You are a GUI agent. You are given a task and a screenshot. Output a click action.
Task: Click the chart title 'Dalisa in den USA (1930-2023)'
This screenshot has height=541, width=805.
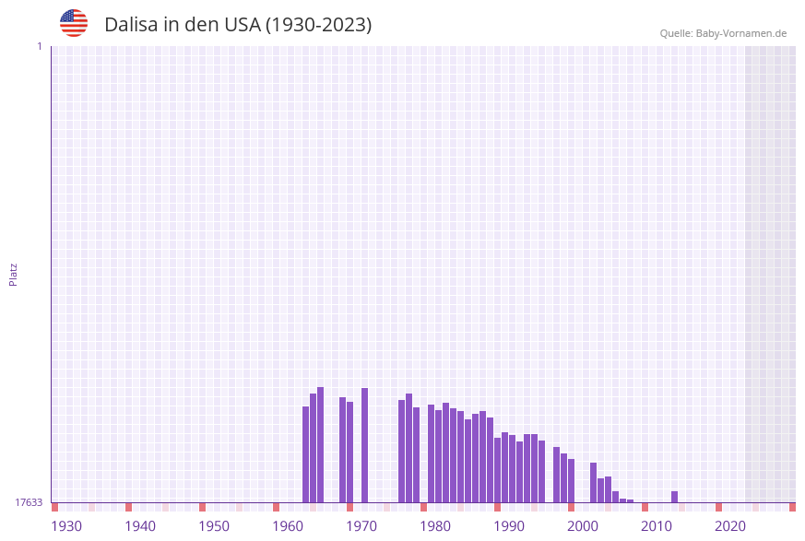click(238, 25)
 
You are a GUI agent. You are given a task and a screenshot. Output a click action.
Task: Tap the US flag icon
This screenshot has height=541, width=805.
click(74, 23)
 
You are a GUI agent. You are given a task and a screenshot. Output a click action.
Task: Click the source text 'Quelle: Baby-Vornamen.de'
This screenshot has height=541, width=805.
click(723, 33)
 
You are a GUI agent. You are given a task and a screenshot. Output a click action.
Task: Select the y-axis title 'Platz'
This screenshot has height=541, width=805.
click(14, 274)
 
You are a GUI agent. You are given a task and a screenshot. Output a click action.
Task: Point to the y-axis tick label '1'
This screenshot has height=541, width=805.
click(39, 46)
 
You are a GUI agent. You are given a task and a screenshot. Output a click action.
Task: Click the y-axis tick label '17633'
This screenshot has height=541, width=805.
click(29, 502)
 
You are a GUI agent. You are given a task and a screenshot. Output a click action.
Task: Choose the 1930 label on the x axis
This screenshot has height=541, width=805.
click(66, 526)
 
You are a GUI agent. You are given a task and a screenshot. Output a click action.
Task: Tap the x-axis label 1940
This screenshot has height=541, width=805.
click(140, 526)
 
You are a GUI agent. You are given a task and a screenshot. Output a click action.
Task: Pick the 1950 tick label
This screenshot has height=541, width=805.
click(214, 526)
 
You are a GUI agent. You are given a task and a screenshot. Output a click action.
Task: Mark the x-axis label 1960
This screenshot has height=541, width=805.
click(288, 526)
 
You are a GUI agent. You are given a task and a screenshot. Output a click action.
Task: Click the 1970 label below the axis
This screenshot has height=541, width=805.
click(361, 526)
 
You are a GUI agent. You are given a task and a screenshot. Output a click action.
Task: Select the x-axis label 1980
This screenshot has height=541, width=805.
click(435, 526)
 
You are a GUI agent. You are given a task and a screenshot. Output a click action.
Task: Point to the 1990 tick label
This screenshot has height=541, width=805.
click(509, 526)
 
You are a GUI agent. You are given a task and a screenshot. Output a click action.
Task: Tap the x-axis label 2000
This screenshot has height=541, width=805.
click(583, 526)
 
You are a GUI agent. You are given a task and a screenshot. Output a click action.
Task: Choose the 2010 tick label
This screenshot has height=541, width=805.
click(657, 526)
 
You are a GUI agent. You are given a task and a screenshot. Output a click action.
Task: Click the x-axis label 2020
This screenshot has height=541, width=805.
click(730, 526)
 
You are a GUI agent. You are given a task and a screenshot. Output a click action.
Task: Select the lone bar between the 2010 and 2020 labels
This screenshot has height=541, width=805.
click(674, 497)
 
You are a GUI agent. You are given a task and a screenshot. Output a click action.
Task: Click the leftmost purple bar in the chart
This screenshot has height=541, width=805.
click(305, 454)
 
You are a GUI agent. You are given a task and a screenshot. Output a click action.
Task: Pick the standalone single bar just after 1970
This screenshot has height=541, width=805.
click(364, 445)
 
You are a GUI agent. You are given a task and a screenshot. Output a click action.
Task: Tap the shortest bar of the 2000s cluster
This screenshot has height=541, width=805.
click(630, 500)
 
